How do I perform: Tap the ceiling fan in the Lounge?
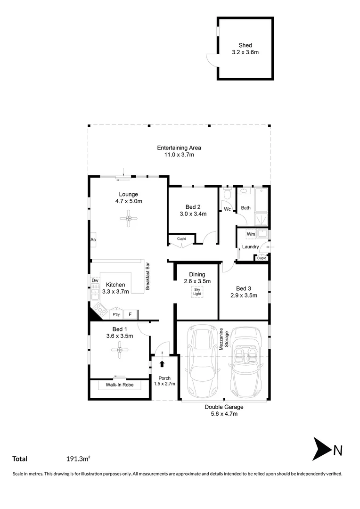pyautogui.click(x=128, y=218)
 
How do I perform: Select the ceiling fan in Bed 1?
pyautogui.click(x=119, y=349)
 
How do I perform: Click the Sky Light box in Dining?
pyautogui.click(x=197, y=292)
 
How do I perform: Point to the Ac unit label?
pyautogui.click(x=93, y=240)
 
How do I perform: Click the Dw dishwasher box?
pyautogui.click(x=95, y=281)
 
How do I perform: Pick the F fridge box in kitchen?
pyautogui.click(x=131, y=314)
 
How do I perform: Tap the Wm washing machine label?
pyautogui.click(x=251, y=234)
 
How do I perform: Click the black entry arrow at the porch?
pyautogui.click(x=162, y=363)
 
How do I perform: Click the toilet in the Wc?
pyautogui.click(x=227, y=194)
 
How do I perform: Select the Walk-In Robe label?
pyautogui.click(x=119, y=385)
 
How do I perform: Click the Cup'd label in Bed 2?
pyautogui.click(x=181, y=238)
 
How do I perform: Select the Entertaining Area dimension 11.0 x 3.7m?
pyautogui.click(x=179, y=155)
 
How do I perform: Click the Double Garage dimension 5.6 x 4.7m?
pyautogui.click(x=224, y=414)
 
